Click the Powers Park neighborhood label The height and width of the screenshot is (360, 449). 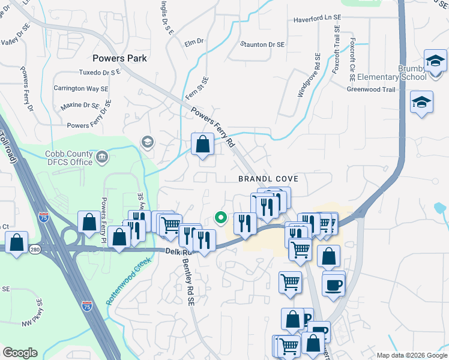120,58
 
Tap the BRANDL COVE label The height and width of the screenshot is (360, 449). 268,179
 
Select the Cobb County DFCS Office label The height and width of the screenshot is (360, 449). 69,158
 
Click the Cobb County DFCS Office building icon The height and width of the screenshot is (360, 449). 103,158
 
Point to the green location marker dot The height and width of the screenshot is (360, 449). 221,218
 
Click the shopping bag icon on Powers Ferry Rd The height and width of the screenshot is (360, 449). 203,144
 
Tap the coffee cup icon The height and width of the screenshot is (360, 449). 333,284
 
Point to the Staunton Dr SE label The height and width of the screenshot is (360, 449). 262,44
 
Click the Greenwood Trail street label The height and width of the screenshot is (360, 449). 371,89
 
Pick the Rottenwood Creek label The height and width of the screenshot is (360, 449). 127,281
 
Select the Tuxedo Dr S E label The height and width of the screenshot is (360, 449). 100,72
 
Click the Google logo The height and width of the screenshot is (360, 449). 20,353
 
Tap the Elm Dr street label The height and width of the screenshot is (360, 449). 194,42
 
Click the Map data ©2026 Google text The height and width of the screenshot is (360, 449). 411,355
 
